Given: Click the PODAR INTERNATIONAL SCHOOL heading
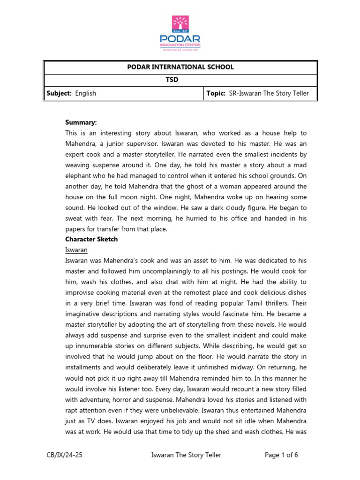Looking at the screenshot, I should [x=180, y=67].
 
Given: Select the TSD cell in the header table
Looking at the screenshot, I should [x=180, y=80].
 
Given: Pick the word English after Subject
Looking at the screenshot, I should [x=85, y=93].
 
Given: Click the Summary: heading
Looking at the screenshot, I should [x=81, y=122].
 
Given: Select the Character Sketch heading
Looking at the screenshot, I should [x=91, y=239].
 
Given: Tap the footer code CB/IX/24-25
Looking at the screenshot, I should [x=66, y=455].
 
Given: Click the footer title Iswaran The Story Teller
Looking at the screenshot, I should [x=187, y=455].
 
